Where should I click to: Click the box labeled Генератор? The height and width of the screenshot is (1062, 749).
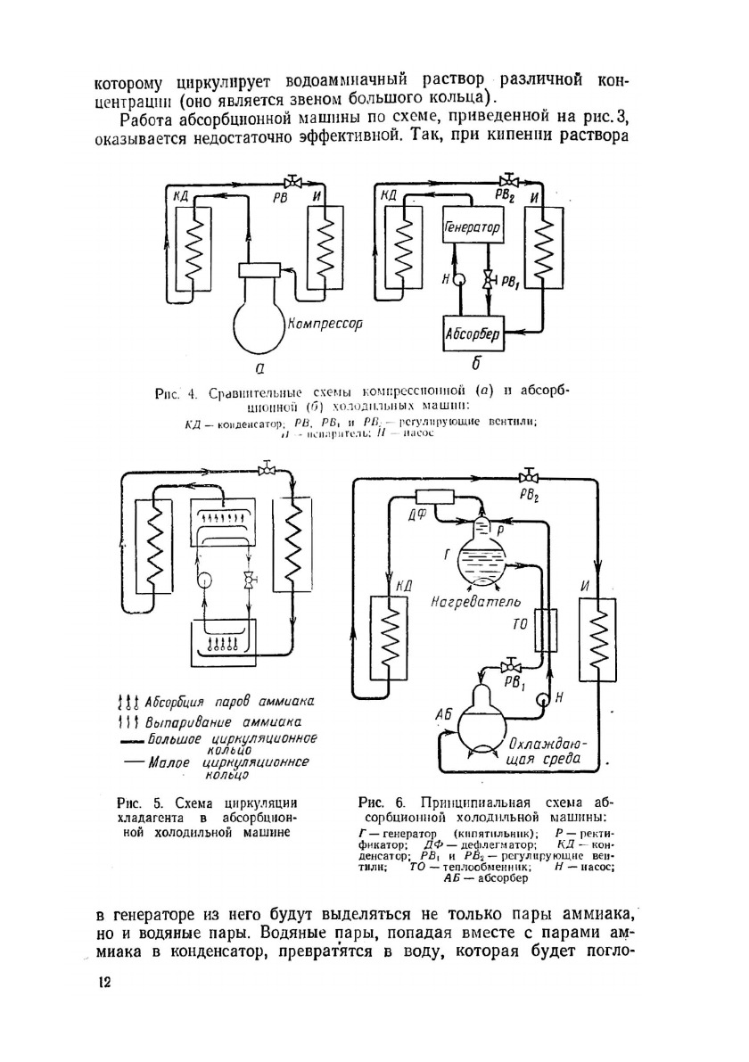(473, 229)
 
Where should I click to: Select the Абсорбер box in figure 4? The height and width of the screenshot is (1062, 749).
(473, 336)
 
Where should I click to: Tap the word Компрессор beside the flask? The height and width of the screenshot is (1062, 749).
(325, 325)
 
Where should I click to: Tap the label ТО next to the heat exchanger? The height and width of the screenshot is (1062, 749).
(520, 625)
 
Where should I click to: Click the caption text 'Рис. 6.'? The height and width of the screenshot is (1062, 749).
(374, 800)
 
